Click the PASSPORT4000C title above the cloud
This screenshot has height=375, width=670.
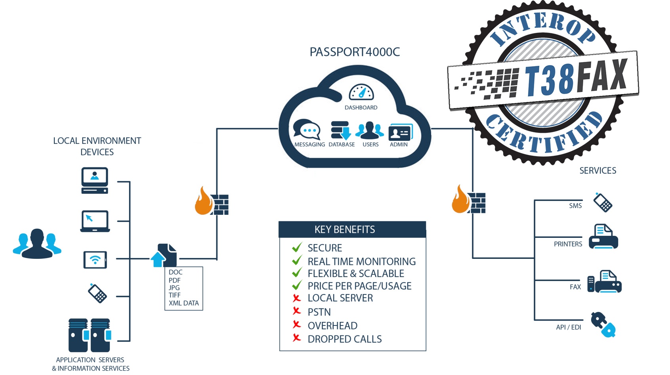[x=355, y=52]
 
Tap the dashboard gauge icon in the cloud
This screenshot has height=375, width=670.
[x=361, y=92]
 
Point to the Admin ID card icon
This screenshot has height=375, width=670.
[x=400, y=132]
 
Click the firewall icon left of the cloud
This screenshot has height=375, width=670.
[x=212, y=202]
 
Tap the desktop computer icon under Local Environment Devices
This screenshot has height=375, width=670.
[x=95, y=180]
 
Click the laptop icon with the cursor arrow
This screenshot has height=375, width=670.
[x=95, y=221]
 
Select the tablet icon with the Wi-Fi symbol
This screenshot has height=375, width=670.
[x=95, y=260]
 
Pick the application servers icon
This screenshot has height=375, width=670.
[x=90, y=335]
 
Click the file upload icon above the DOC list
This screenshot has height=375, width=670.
[x=164, y=256]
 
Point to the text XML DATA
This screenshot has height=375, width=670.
[x=184, y=303]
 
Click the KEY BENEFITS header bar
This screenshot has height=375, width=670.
[x=352, y=230]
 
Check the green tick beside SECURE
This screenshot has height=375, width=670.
[x=297, y=248]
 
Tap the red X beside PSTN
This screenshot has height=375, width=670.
[x=297, y=311]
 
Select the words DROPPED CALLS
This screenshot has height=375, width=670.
[x=345, y=339]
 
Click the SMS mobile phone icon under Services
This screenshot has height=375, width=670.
[x=603, y=202]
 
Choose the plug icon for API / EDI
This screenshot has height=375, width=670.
[x=603, y=325]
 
